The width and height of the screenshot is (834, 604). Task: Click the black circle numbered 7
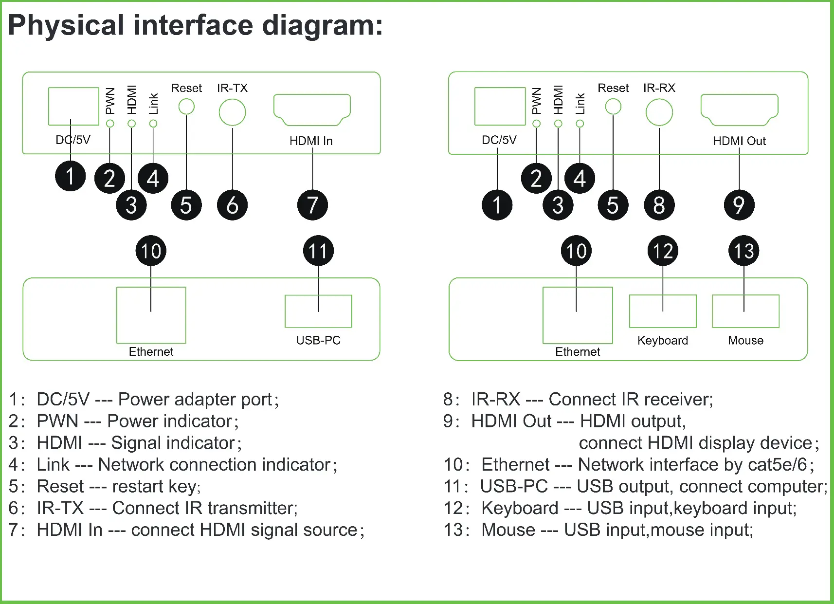click(312, 205)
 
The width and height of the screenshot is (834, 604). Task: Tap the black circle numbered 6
click(232, 205)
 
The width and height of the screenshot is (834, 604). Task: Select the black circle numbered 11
click(318, 250)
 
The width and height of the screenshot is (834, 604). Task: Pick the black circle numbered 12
click(663, 250)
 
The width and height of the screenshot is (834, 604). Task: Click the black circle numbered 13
click(743, 250)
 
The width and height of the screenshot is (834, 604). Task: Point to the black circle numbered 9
click(739, 205)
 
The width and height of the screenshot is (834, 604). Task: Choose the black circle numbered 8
click(659, 205)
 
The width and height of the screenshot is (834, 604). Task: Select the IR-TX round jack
click(232, 99)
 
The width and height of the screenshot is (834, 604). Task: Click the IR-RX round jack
click(659, 99)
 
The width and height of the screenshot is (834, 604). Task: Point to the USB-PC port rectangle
click(286, 311)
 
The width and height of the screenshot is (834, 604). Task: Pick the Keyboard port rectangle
click(630, 311)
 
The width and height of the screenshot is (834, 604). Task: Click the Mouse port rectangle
click(713, 311)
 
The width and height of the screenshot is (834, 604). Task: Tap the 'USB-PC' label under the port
click(318, 340)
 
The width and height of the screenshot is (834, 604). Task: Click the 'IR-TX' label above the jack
click(232, 88)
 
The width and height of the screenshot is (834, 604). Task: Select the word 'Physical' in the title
click(66, 26)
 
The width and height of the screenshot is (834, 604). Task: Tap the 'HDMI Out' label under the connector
click(740, 141)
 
